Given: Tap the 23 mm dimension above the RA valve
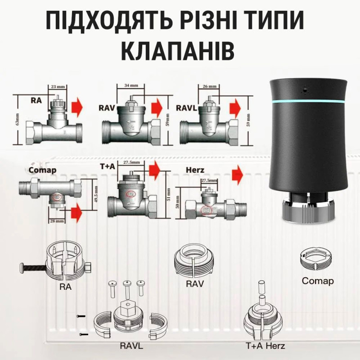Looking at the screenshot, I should [56, 86].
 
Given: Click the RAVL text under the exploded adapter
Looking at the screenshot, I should [132, 346].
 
